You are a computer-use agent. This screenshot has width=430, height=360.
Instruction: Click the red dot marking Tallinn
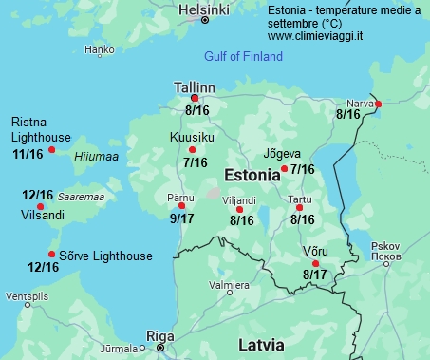[x=195, y=98]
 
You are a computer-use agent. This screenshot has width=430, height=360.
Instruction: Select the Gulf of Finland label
[x=243, y=57]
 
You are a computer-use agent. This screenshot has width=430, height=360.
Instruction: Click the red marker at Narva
[x=378, y=104]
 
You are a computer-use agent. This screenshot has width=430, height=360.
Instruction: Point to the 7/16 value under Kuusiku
[x=195, y=163]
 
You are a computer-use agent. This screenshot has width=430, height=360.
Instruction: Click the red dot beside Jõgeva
[x=285, y=169]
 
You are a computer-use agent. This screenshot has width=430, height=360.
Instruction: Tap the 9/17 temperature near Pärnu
[x=182, y=218]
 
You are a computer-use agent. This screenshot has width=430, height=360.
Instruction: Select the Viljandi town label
[x=238, y=200]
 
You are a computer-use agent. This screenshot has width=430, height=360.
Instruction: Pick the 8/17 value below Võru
[x=315, y=275]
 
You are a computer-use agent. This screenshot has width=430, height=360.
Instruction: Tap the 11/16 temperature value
[x=28, y=154]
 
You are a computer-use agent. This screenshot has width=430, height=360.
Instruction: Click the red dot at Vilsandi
[x=40, y=206]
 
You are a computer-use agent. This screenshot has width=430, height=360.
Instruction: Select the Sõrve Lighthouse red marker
[x=51, y=254]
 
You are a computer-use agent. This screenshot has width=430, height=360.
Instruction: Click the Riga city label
[x=159, y=335]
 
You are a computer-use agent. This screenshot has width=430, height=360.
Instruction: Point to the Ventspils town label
[x=26, y=296]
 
